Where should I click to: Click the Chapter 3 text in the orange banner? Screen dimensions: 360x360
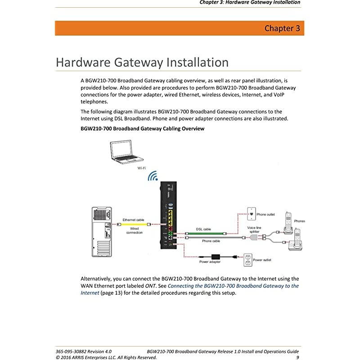point(282,29)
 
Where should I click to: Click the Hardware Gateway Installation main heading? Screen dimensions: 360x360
point(142,62)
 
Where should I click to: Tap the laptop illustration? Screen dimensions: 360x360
point(127,152)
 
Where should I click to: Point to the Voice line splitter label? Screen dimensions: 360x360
point(254,229)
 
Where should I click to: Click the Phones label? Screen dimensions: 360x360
point(299,221)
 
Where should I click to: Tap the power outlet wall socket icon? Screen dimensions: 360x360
point(247,259)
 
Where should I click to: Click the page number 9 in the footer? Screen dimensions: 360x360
point(297,357)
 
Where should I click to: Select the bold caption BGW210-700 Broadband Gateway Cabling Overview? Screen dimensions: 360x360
point(142,129)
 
